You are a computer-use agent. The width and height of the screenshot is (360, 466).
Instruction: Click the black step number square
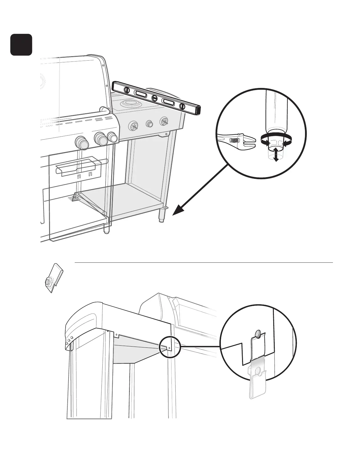tap(21, 45)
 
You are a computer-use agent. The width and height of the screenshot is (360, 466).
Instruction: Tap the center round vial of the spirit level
tap(154, 98)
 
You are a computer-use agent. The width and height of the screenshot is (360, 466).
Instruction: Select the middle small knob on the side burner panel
tap(150, 124)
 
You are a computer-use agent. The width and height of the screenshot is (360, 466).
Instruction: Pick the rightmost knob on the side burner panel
tap(164, 121)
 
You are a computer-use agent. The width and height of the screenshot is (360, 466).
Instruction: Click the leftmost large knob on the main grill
tap(81, 142)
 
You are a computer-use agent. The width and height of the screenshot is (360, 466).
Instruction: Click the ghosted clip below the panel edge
tap(258, 382)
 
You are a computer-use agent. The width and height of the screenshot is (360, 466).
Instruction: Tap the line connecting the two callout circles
tap(200, 347)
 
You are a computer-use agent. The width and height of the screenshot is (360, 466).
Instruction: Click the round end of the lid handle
tap(104, 110)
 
